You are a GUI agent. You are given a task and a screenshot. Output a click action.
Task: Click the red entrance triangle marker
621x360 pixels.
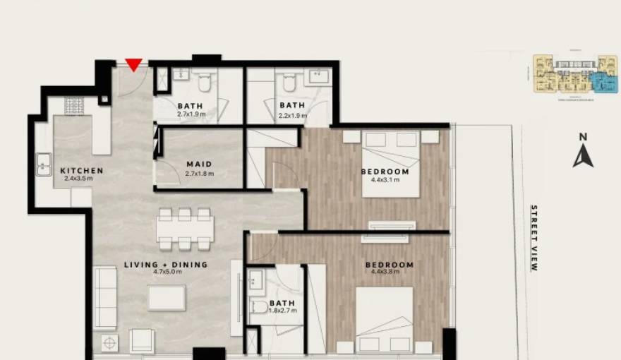tap(134, 65)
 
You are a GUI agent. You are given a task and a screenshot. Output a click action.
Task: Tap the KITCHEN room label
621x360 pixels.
tap(82, 171)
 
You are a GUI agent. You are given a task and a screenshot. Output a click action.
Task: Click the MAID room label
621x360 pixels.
tap(198, 164)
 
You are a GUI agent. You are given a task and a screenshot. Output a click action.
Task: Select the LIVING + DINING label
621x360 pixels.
tap(166, 265)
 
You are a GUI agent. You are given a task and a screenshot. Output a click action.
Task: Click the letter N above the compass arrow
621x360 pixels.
tap(583, 137)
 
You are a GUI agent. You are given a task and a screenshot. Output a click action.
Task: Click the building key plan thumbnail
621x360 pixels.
tap(571, 75)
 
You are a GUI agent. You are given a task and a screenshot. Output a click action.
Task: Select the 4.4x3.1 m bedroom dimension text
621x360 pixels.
tap(385, 180)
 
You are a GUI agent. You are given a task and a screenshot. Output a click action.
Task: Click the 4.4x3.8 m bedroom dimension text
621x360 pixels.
tap(389, 274)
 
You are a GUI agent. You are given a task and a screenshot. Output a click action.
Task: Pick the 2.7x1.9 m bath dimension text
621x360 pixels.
tap(191, 114)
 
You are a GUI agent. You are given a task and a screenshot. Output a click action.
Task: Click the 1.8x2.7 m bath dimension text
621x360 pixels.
tap(282, 311)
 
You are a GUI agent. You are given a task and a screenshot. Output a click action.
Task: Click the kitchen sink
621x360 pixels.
tap(44, 167)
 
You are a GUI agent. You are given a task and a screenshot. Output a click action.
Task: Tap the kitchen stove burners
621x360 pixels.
tap(75, 106)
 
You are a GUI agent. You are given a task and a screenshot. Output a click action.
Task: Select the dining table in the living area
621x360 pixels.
tap(185, 228)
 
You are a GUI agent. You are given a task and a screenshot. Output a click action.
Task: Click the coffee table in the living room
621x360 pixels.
tap(167, 297)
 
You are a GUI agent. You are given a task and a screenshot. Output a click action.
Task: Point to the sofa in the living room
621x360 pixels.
tap(104, 297)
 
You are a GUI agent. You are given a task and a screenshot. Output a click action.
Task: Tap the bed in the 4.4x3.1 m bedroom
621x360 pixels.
tap(391, 163)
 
